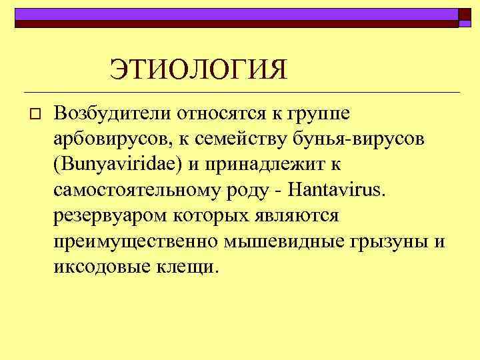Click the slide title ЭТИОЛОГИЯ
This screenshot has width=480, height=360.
(199, 69)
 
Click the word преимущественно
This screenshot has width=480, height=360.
(136, 242)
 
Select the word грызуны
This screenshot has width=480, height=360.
(388, 243)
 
